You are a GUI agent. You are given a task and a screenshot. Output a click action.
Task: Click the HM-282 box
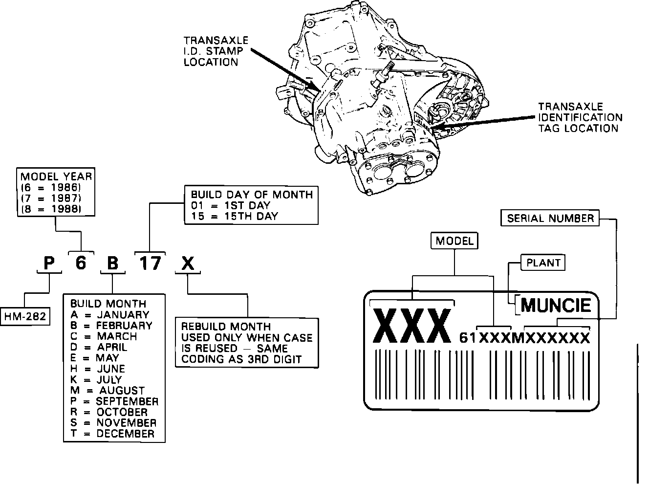coord(25,316)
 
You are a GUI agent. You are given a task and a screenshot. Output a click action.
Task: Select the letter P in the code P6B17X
coord(49,264)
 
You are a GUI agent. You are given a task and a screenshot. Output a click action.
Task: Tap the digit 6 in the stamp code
coord(81,263)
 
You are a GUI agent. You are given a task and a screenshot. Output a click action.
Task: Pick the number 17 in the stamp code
coord(150,263)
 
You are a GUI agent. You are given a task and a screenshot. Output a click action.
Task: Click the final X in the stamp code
coord(188,264)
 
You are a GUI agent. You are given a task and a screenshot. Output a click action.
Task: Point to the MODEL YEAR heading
coord(56,176)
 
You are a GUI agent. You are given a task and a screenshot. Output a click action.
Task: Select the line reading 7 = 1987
coord(50,198)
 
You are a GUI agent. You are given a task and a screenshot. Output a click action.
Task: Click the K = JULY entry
coord(96,379)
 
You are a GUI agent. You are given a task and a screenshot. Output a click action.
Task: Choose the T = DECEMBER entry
coord(112,433)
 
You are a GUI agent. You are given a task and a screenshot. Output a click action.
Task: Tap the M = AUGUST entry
coord(108,390)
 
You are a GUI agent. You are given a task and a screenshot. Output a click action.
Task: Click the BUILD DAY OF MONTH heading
coord(252,194)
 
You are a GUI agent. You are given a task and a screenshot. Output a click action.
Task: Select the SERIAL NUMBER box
coord(550,218)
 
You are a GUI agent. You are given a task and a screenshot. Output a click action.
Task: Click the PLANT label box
coord(543,263)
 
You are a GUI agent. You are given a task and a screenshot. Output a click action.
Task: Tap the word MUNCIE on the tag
coord(556,306)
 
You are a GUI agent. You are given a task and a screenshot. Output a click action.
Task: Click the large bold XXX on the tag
coord(411,326)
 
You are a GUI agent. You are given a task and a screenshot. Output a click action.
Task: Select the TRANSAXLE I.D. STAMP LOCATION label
coord(216,51)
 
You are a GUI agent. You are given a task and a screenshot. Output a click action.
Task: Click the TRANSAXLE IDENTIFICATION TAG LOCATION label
coord(580,117)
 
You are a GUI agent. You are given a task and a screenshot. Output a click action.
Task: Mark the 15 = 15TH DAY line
coord(234,216)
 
